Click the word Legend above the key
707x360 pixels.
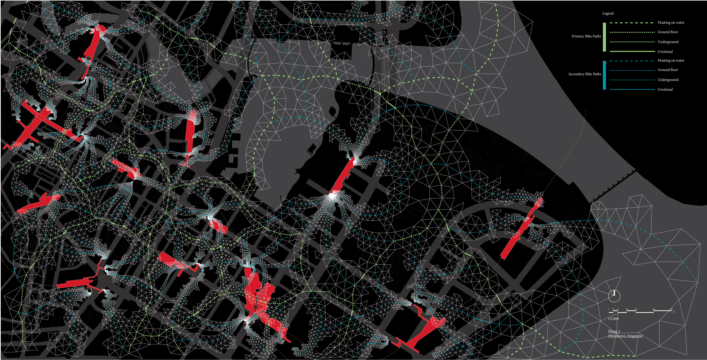[608, 13]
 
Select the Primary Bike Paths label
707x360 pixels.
[586, 36]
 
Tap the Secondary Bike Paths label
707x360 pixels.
[585, 74]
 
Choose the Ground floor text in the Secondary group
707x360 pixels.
[667, 70]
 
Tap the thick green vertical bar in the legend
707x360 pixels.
[604, 37]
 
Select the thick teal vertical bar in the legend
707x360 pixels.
[604, 75]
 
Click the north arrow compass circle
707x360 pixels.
[614, 296]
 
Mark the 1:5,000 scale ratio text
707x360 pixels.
[613, 319]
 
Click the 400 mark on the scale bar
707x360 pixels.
[654, 309]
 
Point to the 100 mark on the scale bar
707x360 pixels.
[627, 309]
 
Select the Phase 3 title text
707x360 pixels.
[614, 331]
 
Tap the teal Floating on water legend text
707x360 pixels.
[671, 61]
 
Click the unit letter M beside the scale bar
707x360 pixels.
[674, 312]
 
